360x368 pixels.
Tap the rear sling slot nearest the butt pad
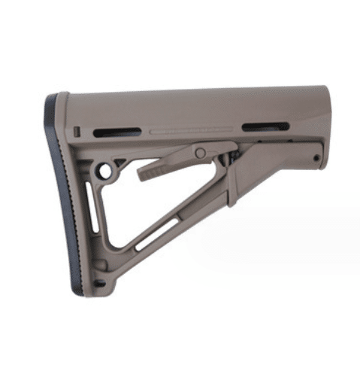pyautogui.click(x=116, y=132)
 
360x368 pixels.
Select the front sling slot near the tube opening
pyautogui.click(x=265, y=126)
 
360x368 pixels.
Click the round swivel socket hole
pyautogui.click(x=104, y=171)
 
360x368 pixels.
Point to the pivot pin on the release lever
pyautogui.click(x=200, y=153)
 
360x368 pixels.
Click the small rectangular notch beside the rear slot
pyautogui.click(x=79, y=132)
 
